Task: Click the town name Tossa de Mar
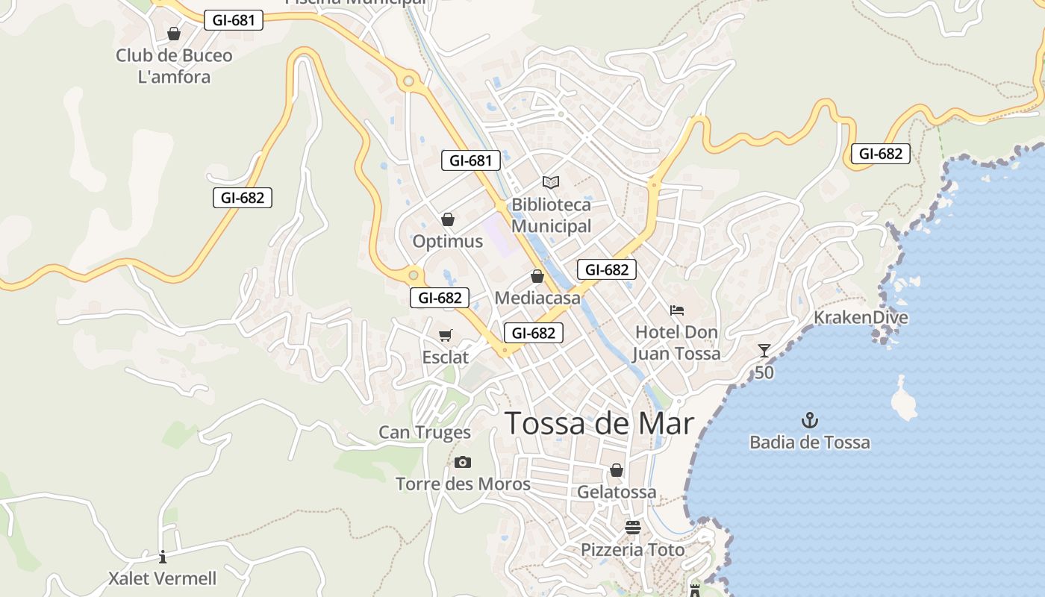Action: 599,423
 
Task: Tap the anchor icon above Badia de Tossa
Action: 810,421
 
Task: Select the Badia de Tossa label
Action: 810,443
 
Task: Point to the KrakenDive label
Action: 861,317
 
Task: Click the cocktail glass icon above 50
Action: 764,351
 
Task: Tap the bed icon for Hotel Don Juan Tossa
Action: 677,310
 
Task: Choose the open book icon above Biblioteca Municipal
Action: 551,182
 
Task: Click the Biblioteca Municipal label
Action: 551,215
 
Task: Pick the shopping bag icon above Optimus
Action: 448,219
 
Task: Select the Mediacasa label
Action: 537,298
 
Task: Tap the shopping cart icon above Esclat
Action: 446,336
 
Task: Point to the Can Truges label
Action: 425,432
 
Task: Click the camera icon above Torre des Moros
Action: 463,463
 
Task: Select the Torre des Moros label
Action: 463,484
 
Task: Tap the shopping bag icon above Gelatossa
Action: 617,470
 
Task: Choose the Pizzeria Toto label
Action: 633,550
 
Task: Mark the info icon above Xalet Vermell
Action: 163,557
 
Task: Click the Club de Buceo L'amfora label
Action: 174,66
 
